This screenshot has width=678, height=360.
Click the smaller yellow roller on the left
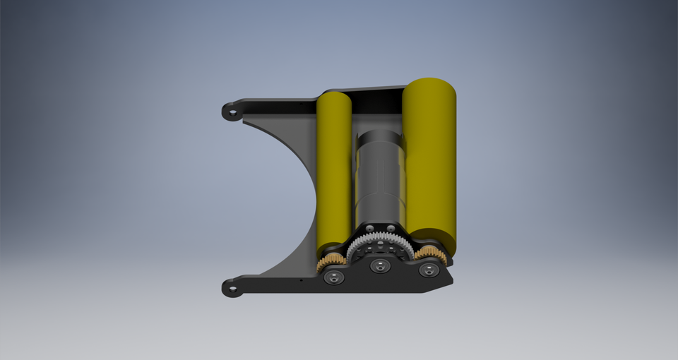334,169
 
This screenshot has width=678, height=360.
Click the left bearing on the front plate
334,277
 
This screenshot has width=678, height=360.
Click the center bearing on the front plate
381,267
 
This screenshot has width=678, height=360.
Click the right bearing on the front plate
427,270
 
